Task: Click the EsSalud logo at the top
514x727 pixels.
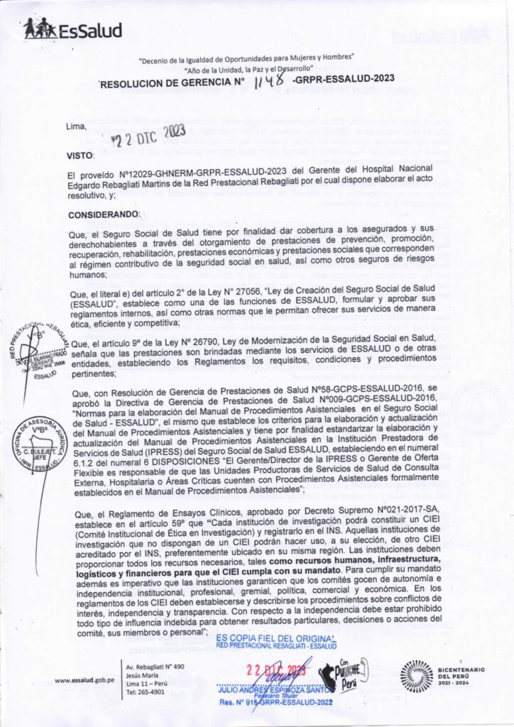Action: [x=72, y=29]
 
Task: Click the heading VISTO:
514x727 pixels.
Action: [x=80, y=155]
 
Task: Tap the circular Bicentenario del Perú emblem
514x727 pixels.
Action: [x=417, y=676]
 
